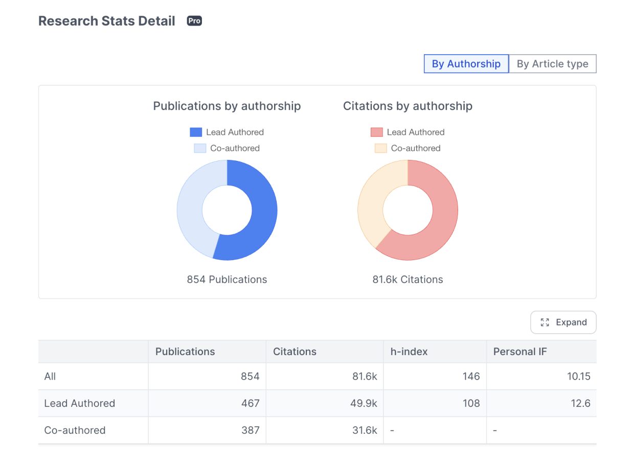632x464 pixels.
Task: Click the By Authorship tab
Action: [466, 64]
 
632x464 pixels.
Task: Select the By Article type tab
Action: [552, 64]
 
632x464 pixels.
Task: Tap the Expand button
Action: [563, 322]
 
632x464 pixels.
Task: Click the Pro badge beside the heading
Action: [194, 21]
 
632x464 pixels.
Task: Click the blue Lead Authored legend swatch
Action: [196, 132]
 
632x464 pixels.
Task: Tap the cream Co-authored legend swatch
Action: [380, 148]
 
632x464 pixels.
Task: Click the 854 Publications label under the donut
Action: [227, 280]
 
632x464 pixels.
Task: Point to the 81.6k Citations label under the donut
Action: [408, 280]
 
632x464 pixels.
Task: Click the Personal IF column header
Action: [520, 352]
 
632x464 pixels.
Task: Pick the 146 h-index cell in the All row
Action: [470, 377]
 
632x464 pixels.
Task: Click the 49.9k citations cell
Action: [365, 403]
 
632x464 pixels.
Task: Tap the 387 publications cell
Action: [250, 430]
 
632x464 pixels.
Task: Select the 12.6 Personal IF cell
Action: [580, 403]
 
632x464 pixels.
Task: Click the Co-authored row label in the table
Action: [75, 430]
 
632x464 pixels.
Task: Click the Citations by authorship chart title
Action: [408, 106]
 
